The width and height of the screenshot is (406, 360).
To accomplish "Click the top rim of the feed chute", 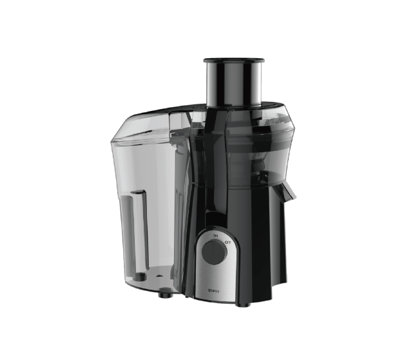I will (235, 61).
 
